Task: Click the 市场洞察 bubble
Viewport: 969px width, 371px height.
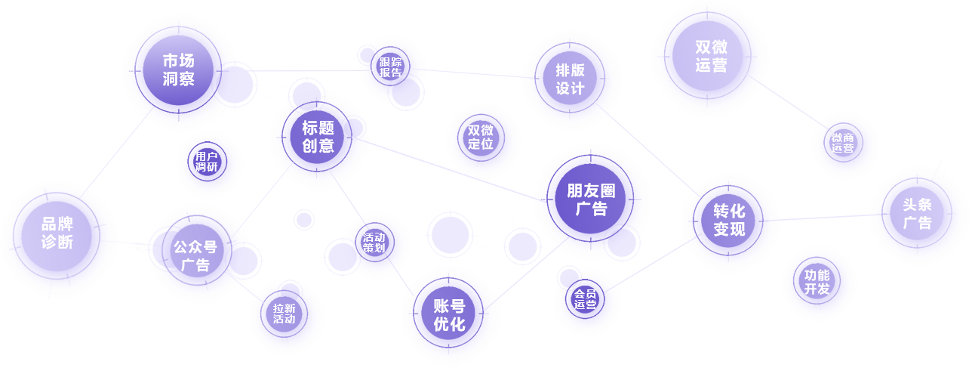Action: pyautogui.click(x=178, y=69)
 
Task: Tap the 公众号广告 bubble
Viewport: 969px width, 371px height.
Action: pyautogui.click(x=195, y=255)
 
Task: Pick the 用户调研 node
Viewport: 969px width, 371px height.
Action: pyautogui.click(x=206, y=161)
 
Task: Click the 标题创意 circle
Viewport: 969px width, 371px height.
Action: pyautogui.click(x=318, y=137)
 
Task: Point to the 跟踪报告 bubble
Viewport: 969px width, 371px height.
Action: pyautogui.click(x=391, y=67)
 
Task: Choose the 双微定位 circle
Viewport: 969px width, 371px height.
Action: pyautogui.click(x=481, y=137)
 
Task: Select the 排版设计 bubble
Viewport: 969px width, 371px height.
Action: pyautogui.click(x=571, y=79)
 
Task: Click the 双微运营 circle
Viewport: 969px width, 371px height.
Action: pyautogui.click(x=710, y=56)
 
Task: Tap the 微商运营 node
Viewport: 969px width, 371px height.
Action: pyautogui.click(x=843, y=143)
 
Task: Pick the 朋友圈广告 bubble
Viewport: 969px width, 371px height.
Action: pyautogui.click(x=591, y=199)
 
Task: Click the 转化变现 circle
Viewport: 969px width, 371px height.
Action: pyautogui.click(x=728, y=220)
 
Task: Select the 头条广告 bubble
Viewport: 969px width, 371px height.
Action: pyautogui.click(x=917, y=214)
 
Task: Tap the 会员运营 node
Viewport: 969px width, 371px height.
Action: pyautogui.click(x=585, y=299)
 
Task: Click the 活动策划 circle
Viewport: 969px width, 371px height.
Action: pyautogui.click(x=374, y=242)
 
